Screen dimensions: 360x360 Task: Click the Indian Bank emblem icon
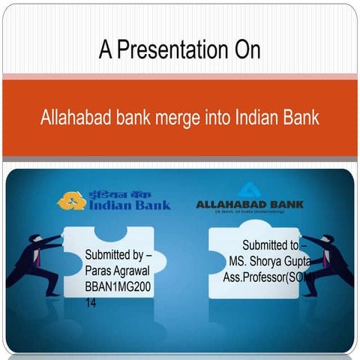tap(72, 200)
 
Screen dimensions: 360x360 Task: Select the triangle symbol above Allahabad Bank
tap(248, 189)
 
